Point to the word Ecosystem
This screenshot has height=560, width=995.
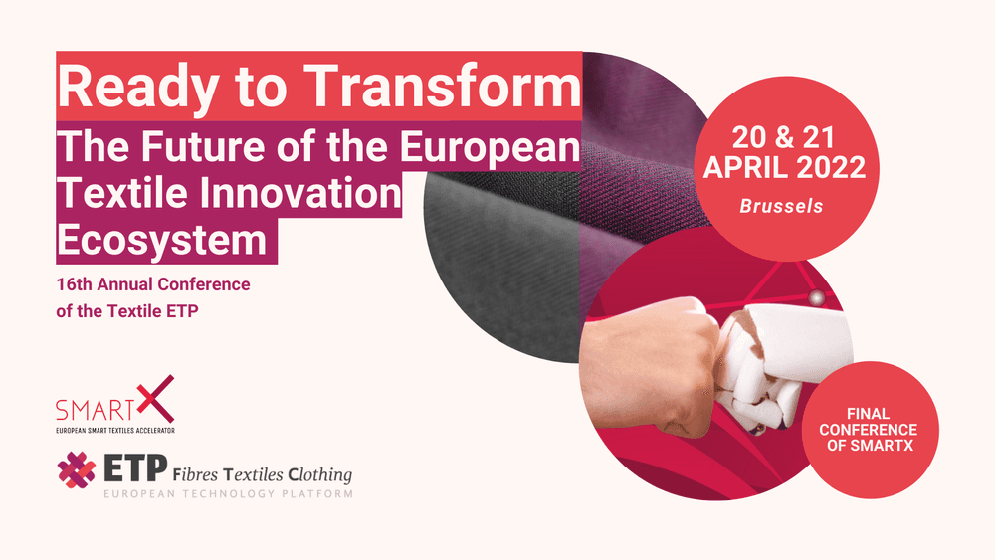162,240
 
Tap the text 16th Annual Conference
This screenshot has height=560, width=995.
153,284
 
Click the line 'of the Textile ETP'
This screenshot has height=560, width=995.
127,311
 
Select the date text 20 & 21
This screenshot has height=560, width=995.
783,137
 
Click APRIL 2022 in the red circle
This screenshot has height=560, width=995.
784,167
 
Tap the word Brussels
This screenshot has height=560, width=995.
781,206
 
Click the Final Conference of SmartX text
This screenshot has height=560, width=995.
868,430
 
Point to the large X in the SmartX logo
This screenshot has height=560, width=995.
155,399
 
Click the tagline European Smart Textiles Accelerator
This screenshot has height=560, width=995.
115,430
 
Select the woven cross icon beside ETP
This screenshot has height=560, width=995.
77,469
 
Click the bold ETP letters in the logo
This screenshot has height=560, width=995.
135,468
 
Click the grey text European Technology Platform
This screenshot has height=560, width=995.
229,493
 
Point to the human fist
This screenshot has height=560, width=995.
654,368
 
